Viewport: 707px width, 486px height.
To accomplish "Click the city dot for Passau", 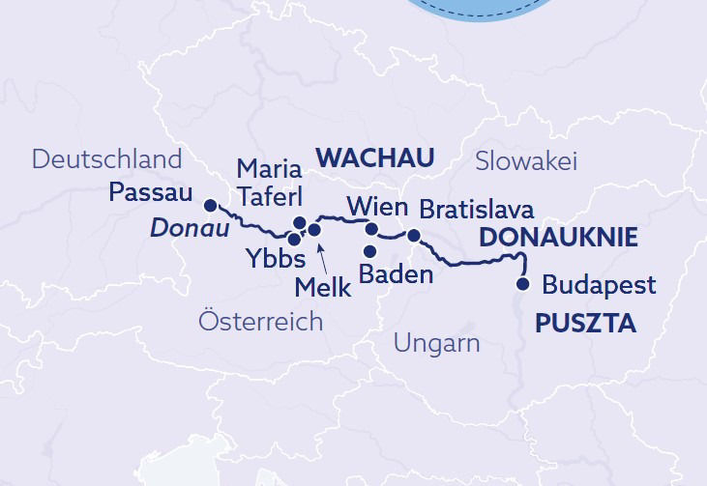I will tap(209, 204).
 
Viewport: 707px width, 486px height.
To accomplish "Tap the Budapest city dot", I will tap(523, 284).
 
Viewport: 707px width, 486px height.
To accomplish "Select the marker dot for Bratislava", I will tap(413, 235).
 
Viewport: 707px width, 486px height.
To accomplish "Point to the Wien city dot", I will tap(371, 229).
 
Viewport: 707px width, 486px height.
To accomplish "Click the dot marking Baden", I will tap(369, 251).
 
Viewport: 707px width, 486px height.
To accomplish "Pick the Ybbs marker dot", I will tap(294, 239).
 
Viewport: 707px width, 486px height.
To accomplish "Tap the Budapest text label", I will tap(599, 286).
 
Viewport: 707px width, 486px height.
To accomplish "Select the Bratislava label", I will tap(476, 209).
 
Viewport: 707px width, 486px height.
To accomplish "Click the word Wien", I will tap(370, 206).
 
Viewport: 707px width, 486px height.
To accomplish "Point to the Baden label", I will tap(395, 273).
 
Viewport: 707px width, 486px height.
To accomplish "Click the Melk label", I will tap(323, 287).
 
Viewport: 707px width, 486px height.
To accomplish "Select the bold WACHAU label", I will tap(374, 157).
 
